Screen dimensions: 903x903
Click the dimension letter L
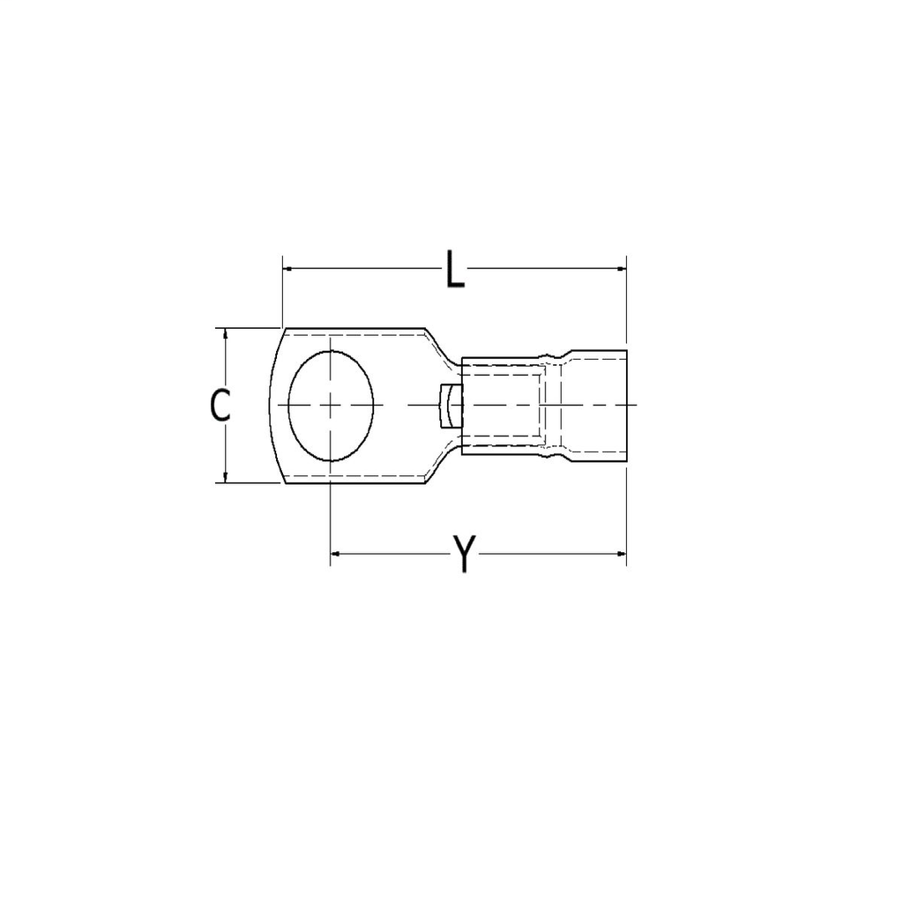tap(454, 269)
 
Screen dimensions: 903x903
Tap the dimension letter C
tap(220, 405)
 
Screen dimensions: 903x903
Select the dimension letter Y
tap(464, 554)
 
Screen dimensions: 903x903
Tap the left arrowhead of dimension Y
tap(335, 554)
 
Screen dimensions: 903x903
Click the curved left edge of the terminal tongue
tap(270, 405)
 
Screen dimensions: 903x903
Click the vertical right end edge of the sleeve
tap(626, 405)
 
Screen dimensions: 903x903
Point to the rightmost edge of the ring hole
tap(374, 405)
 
